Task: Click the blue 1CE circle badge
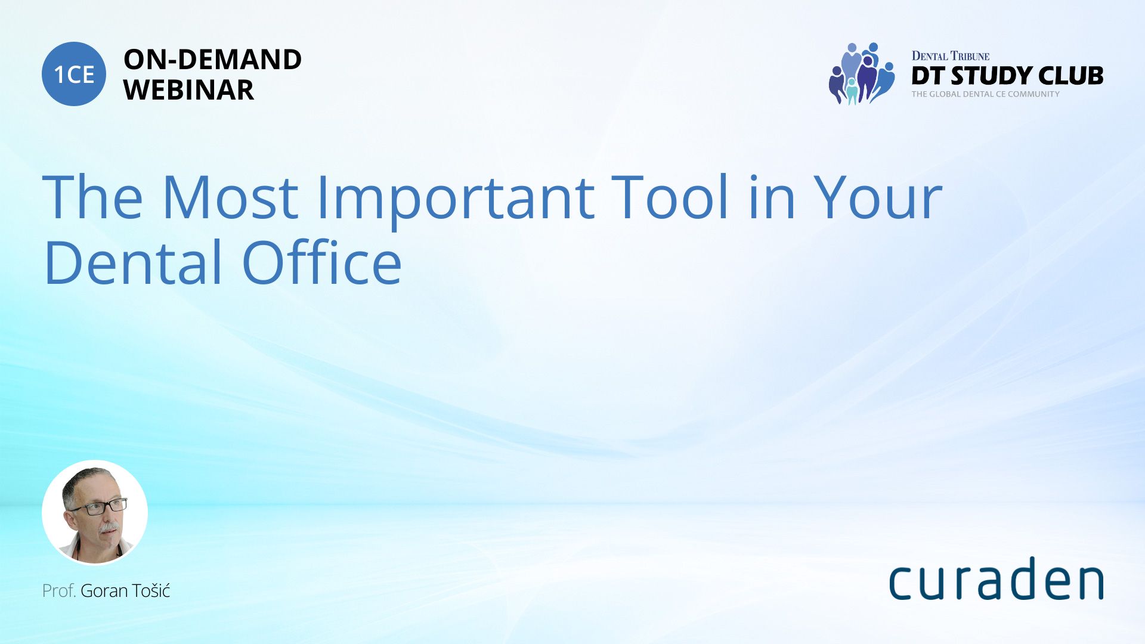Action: [74, 74]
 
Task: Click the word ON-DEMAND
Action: [212, 60]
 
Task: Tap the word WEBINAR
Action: [188, 90]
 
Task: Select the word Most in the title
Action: [230, 197]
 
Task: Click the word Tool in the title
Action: [671, 196]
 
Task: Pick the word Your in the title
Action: [878, 197]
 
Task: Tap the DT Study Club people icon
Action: [861, 73]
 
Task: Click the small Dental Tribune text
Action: [950, 56]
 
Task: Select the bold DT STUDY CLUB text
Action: [1007, 76]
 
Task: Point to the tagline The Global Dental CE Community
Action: [985, 94]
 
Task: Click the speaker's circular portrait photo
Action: [95, 512]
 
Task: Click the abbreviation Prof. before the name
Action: [58, 591]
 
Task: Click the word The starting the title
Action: [93, 197]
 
